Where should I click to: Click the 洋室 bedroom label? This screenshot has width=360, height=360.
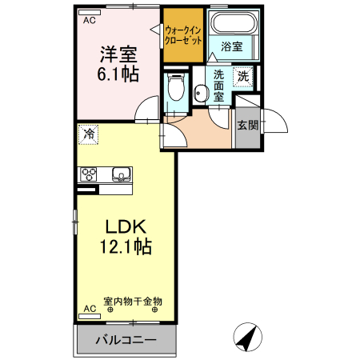point(118,55)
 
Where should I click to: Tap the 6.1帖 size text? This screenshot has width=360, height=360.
point(118,74)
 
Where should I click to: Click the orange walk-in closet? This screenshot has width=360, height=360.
point(182,36)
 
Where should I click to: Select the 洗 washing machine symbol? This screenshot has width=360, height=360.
point(243,78)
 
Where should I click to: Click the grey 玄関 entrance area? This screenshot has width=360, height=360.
point(247,126)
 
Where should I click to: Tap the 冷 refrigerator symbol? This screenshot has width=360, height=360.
point(89,134)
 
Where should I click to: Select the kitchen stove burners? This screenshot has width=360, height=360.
point(88,174)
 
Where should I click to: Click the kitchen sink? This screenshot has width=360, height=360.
point(122,174)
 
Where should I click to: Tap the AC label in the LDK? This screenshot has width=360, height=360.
point(89,307)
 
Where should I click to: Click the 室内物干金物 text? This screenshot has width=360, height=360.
point(133,302)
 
